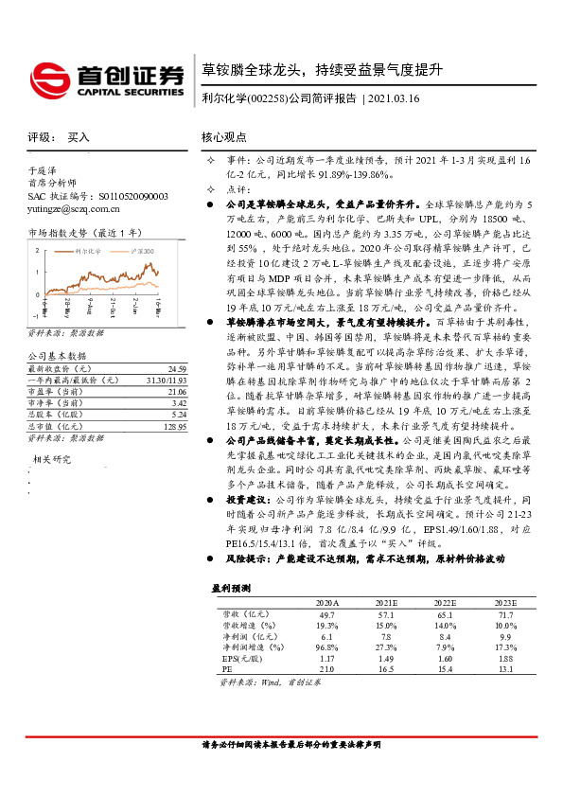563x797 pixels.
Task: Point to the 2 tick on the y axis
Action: pos(36,250)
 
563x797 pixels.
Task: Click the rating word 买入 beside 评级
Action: pos(79,136)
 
